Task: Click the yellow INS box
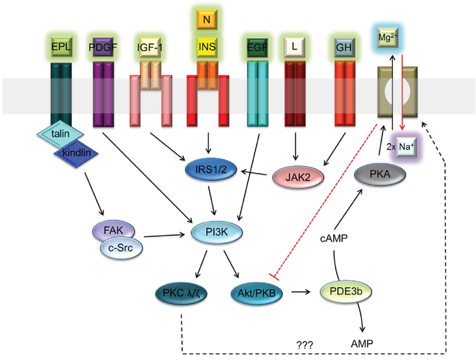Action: click(x=207, y=48)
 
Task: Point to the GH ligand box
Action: click(x=341, y=48)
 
